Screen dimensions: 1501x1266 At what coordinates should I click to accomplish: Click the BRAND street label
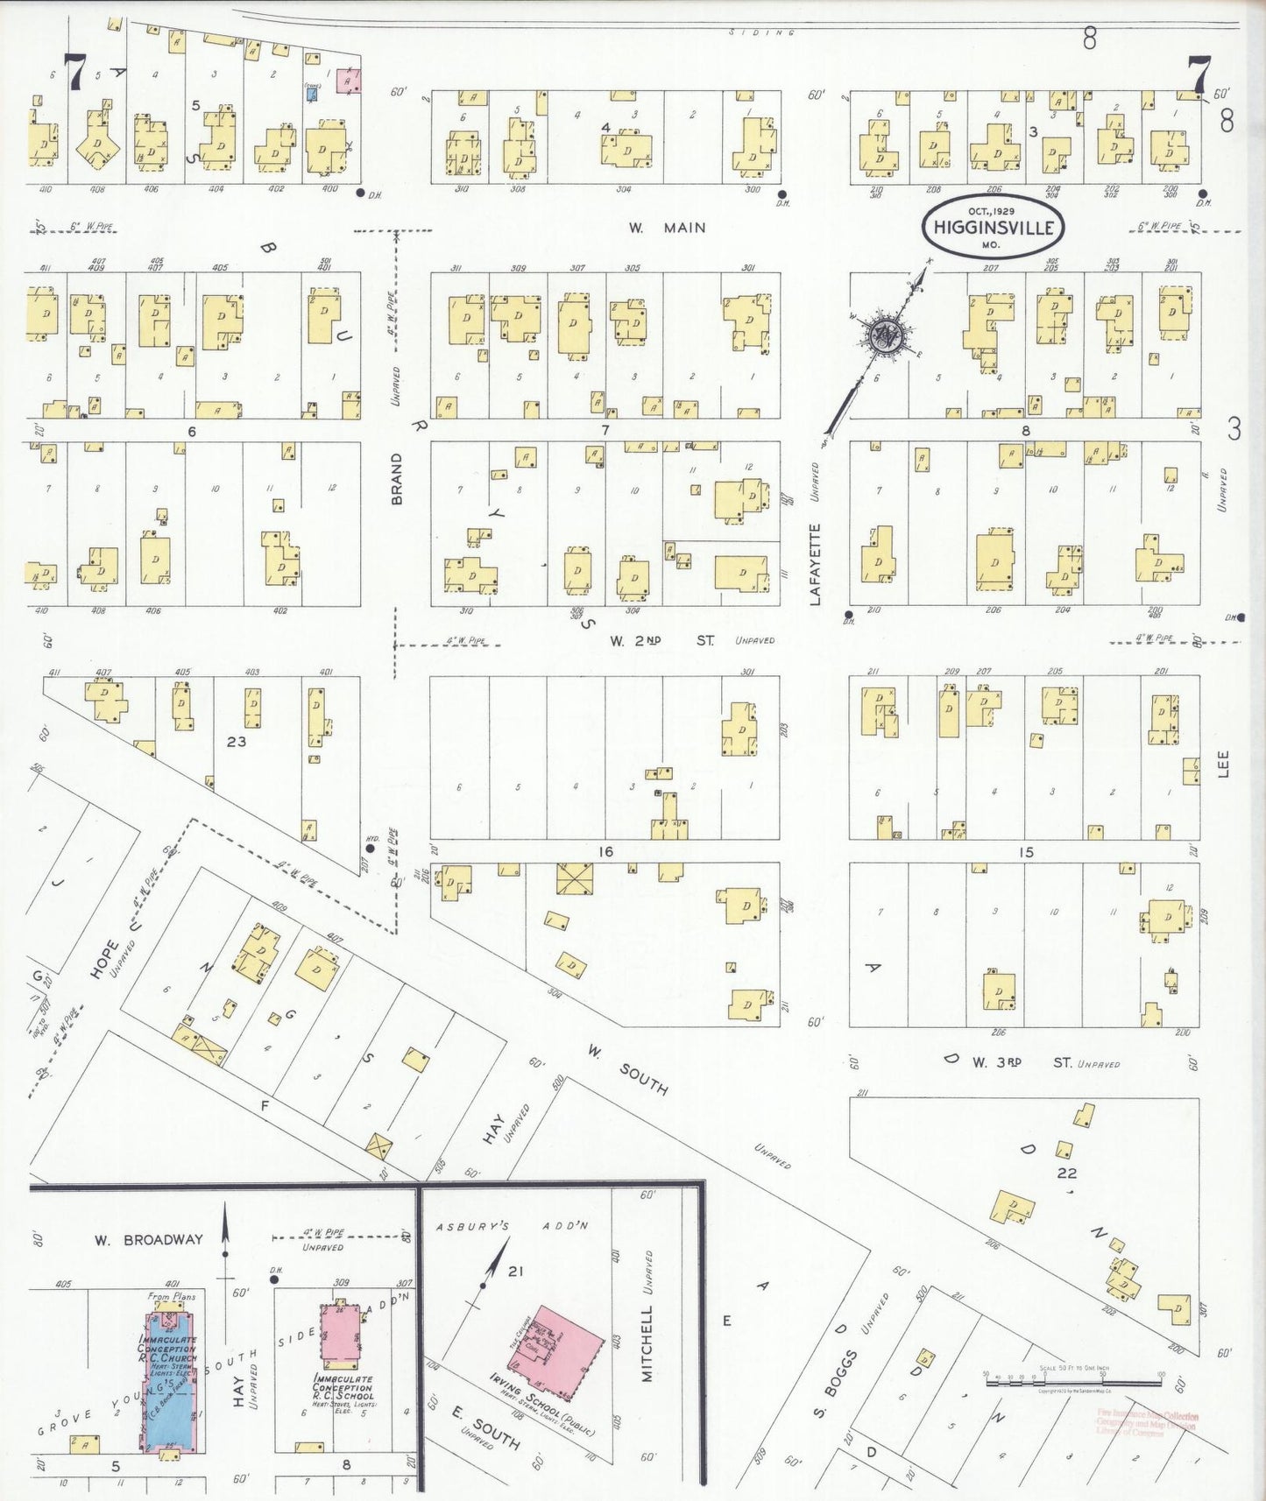pos(396,479)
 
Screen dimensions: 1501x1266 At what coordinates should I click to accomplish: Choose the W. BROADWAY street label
pos(149,1239)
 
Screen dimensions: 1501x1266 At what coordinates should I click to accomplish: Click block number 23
pos(236,741)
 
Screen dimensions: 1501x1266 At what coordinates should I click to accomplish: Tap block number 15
pos(1026,851)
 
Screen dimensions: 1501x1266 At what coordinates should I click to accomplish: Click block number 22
pos(1066,1173)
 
